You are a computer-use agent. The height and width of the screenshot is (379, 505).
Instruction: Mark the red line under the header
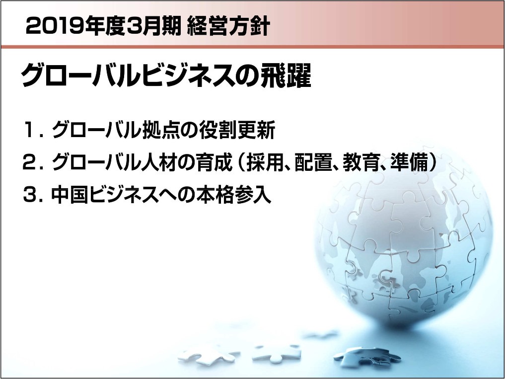pos(252,47)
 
